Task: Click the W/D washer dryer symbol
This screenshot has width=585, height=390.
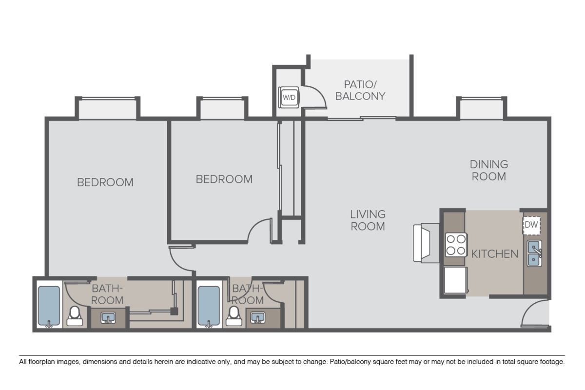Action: click(289, 97)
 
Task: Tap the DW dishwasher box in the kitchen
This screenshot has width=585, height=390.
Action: click(531, 225)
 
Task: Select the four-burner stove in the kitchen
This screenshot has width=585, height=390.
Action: click(456, 245)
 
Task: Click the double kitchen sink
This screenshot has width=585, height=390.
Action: click(534, 253)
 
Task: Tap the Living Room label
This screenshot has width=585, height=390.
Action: click(368, 220)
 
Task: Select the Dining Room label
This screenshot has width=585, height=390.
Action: click(488, 170)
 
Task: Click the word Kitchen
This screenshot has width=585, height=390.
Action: click(494, 254)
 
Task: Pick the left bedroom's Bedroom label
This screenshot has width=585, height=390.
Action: click(105, 182)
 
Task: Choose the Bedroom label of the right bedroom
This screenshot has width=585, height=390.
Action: click(224, 179)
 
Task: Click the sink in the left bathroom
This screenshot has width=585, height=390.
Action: click(108, 318)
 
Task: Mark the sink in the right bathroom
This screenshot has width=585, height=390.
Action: click(257, 318)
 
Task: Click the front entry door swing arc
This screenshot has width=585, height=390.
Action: click(535, 313)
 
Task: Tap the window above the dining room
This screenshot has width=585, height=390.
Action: click(481, 108)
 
